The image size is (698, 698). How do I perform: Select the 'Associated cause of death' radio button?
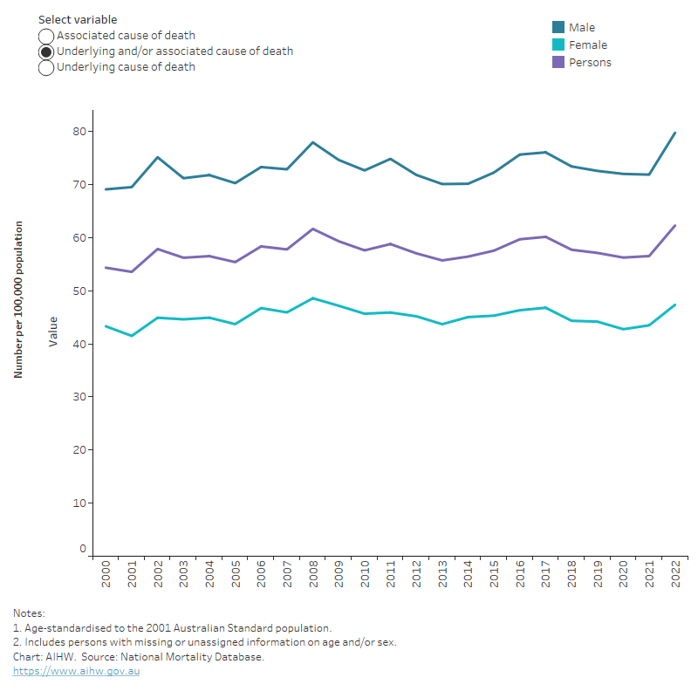tap(46, 37)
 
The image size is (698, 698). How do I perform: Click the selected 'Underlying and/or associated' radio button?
tap(46, 51)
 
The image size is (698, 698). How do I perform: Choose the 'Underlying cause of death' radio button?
tap(46, 67)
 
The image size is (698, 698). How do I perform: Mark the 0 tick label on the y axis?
tap(83, 550)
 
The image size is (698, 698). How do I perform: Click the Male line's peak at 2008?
tap(312, 142)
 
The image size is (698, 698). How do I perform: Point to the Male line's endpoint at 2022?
tap(674, 133)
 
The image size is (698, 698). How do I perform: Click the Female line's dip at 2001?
tap(132, 336)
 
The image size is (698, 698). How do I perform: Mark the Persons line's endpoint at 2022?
tap(674, 226)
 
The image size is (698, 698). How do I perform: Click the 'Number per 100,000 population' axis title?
tap(18, 298)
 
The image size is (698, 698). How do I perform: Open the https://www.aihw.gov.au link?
tap(76, 671)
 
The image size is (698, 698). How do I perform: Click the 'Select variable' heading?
tap(78, 19)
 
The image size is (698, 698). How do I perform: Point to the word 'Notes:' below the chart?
tap(29, 613)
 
